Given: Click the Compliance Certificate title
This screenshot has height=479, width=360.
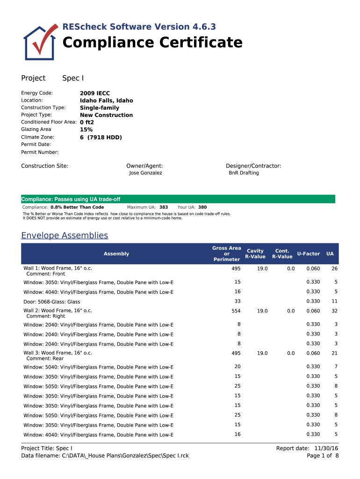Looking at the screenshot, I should (152, 43).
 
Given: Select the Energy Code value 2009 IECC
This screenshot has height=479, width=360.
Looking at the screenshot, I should (95, 94).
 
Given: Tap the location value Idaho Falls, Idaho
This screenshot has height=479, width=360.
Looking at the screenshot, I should (106, 101).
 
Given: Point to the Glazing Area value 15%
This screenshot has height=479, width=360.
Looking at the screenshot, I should (86, 130).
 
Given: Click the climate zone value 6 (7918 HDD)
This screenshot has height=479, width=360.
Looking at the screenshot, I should (101, 138).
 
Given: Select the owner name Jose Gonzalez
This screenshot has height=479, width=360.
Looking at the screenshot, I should (145, 173).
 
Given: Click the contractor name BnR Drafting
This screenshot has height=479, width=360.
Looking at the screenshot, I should (244, 173).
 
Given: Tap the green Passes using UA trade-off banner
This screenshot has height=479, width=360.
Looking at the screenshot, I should (178, 199).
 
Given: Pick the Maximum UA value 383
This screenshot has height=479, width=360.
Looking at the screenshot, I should (164, 207).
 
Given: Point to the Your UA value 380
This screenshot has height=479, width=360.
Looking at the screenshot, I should (202, 207).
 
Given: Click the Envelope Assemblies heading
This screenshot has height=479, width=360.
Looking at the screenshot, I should (65, 236).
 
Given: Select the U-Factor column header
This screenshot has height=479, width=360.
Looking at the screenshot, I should (308, 254).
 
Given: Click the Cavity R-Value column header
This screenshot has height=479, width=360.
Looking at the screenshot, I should (255, 254).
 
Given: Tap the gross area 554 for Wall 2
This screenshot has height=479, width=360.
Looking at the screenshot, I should (236, 311).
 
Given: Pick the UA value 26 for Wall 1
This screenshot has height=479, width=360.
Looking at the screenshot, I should (334, 269).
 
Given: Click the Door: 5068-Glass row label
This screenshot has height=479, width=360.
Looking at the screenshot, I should (52, 302).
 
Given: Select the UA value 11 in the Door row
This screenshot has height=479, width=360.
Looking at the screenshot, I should (334, 302).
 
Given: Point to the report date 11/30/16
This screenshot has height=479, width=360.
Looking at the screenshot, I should (326, 449).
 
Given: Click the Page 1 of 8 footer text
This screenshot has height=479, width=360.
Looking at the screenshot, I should (323, 456).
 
